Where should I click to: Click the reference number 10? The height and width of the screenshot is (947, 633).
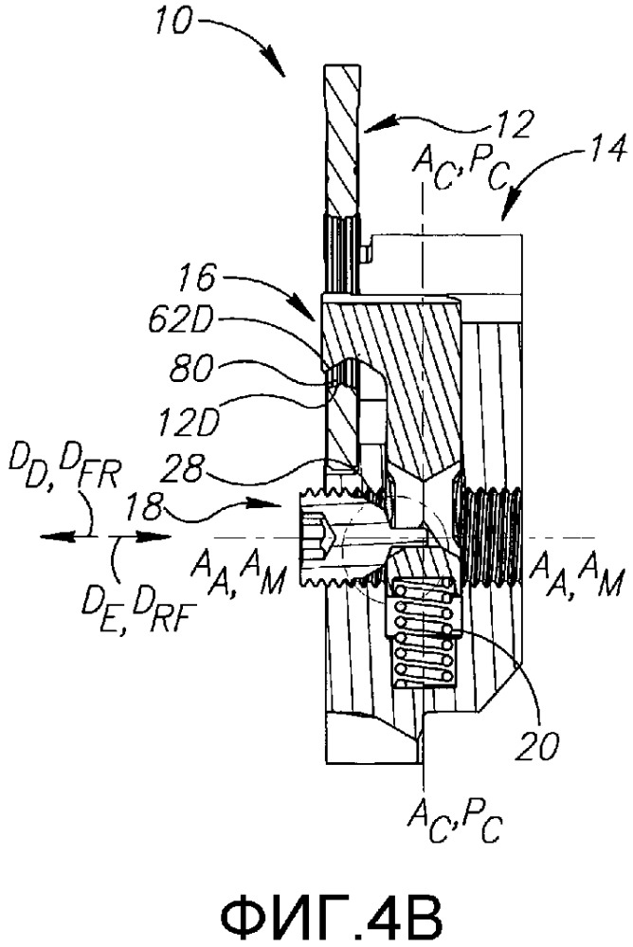pyautogui.click(x=172, y=23)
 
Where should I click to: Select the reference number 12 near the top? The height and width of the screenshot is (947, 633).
pyautogui.click(x=517, y=125)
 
